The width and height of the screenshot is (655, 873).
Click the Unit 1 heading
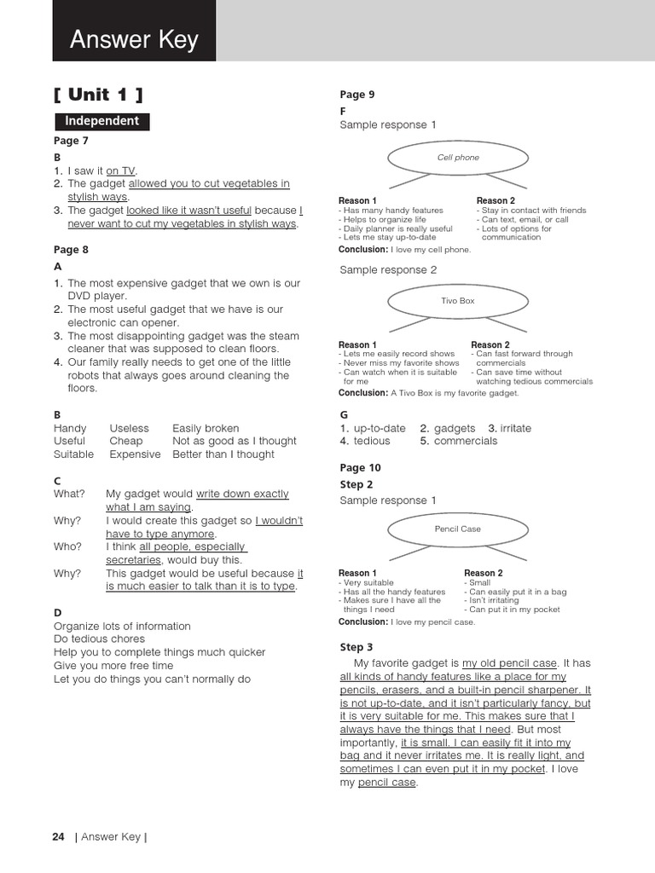pos(97,94)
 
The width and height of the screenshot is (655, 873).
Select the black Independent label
pos(101,121)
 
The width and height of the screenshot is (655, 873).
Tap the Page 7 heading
pos(71,141)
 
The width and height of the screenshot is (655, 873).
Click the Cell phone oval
pos(458,158)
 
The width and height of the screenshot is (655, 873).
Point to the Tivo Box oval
pos(458,301)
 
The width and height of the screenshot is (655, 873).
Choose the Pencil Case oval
pos(458,529)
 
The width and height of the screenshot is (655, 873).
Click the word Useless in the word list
pos(129,428)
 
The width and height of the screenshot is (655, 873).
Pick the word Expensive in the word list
pos(135,454)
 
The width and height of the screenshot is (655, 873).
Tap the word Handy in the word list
pos(70,428)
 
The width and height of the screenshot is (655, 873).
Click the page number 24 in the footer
pos(58,836)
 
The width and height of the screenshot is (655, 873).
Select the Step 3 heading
pos(356,647)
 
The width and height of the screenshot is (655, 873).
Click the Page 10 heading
pos(360,468)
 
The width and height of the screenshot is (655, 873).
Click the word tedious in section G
pos(371,441)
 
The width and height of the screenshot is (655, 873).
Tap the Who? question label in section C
pos(67,546)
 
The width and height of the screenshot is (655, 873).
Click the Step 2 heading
pos(356,484)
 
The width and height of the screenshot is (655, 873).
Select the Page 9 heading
pos(356,95)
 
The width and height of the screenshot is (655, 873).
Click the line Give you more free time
pos(113,666)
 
